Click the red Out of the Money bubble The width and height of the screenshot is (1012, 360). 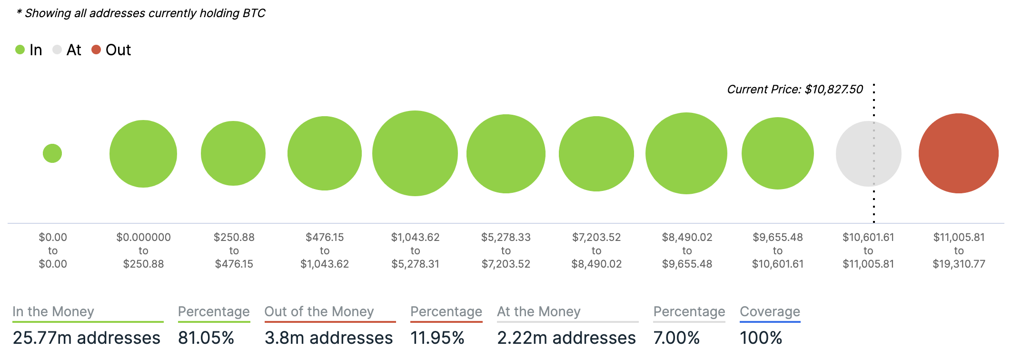click(x=958, y=153)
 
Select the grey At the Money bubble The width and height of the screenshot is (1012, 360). click(x=868, y=153)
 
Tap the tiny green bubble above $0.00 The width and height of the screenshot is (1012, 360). click(x=52, y=153)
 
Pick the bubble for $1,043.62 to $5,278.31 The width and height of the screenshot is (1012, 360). click(x=415, y=153)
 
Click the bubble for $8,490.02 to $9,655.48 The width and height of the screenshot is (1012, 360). click(x=686, y=153)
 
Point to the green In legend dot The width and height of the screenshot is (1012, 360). click(x=20, y=50)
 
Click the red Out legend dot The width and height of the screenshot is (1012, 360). click(x=96, y=50)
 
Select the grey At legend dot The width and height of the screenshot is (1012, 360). click(x=57, y=50)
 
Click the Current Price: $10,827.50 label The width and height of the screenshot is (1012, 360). click(x=794, y=90)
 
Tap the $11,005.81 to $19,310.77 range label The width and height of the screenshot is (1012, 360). click(x=959, y=250)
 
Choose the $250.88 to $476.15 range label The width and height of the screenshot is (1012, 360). click(x=234, y=250)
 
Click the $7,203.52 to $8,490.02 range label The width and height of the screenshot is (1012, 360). click(x=596, y=250)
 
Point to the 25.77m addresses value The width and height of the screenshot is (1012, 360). click(x=86, y=338)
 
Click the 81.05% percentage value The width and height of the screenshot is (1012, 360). click(x=206, y=338)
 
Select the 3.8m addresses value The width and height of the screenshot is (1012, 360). click(x=328, y=338)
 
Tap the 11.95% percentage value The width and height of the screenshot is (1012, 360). click(x=437, y=338)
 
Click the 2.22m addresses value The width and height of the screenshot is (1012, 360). click(x=566, y=338)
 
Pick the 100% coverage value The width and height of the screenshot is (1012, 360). click(x=761, y=338)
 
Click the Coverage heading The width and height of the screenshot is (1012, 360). click(x=770, y=311)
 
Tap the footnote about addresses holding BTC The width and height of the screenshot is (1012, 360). click(x=141, y=13)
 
